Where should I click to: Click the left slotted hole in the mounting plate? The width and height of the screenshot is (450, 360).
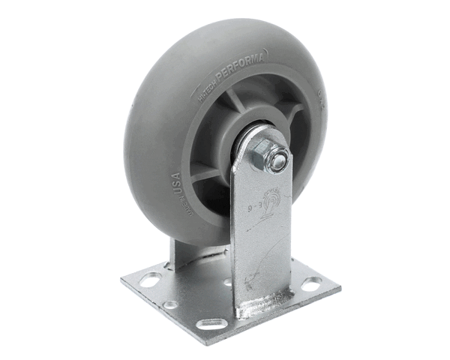[x=150, y=280]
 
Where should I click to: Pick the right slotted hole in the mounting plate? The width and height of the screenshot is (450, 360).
[x=311, y=283]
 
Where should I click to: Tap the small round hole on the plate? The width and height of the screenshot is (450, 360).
[x=172, y=304]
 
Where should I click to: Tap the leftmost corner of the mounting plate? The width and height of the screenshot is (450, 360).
[x=122, y=283]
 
